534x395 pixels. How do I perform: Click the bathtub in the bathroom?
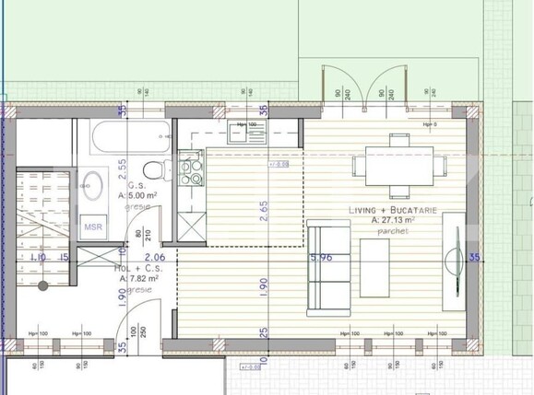click(x=129, y=142)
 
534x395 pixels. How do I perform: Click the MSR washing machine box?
click(x=93, y=227)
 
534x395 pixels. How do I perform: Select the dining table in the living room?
click(x=398, y=166)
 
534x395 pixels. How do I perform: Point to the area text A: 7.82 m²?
click(x=136, y=276)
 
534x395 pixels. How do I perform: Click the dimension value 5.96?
click(x=322, y=258)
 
